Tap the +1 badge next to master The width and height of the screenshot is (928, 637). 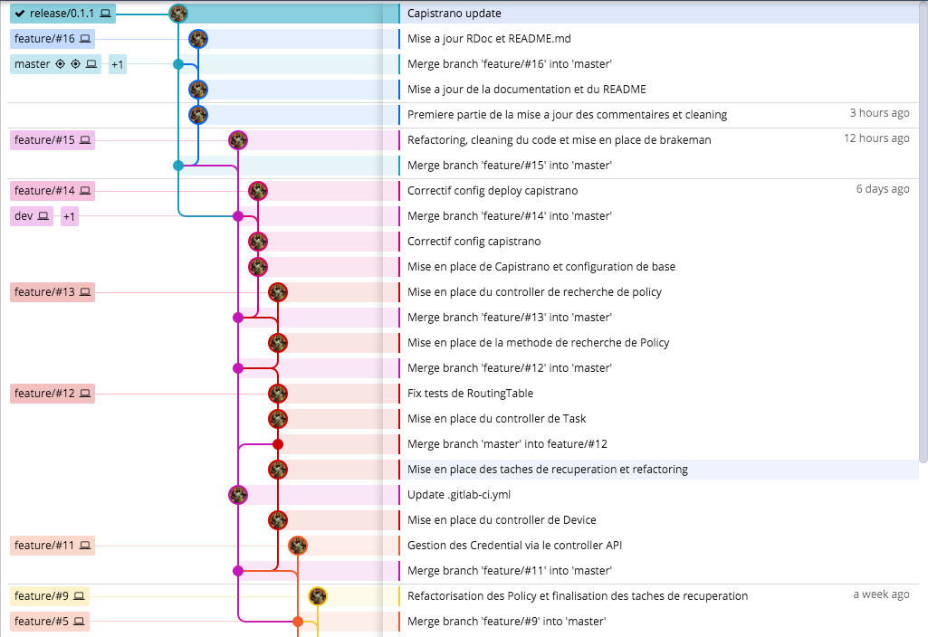pos(118,64)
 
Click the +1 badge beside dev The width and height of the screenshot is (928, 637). pos(70,216)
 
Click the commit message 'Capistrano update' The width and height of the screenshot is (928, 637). pos(454,14)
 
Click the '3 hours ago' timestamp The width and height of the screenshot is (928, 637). pos(879,113)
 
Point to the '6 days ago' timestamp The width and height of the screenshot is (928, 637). pos(883,189)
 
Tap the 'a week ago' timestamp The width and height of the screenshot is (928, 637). pos(881,594)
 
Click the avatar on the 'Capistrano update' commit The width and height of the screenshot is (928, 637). pos(178,14)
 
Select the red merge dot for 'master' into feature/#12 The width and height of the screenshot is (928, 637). pos(278,444)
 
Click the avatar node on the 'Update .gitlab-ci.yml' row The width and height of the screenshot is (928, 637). pos(238,495)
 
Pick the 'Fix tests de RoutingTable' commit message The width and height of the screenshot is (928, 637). pos(470,394)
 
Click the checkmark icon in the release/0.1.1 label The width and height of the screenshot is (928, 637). pos(20,14)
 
